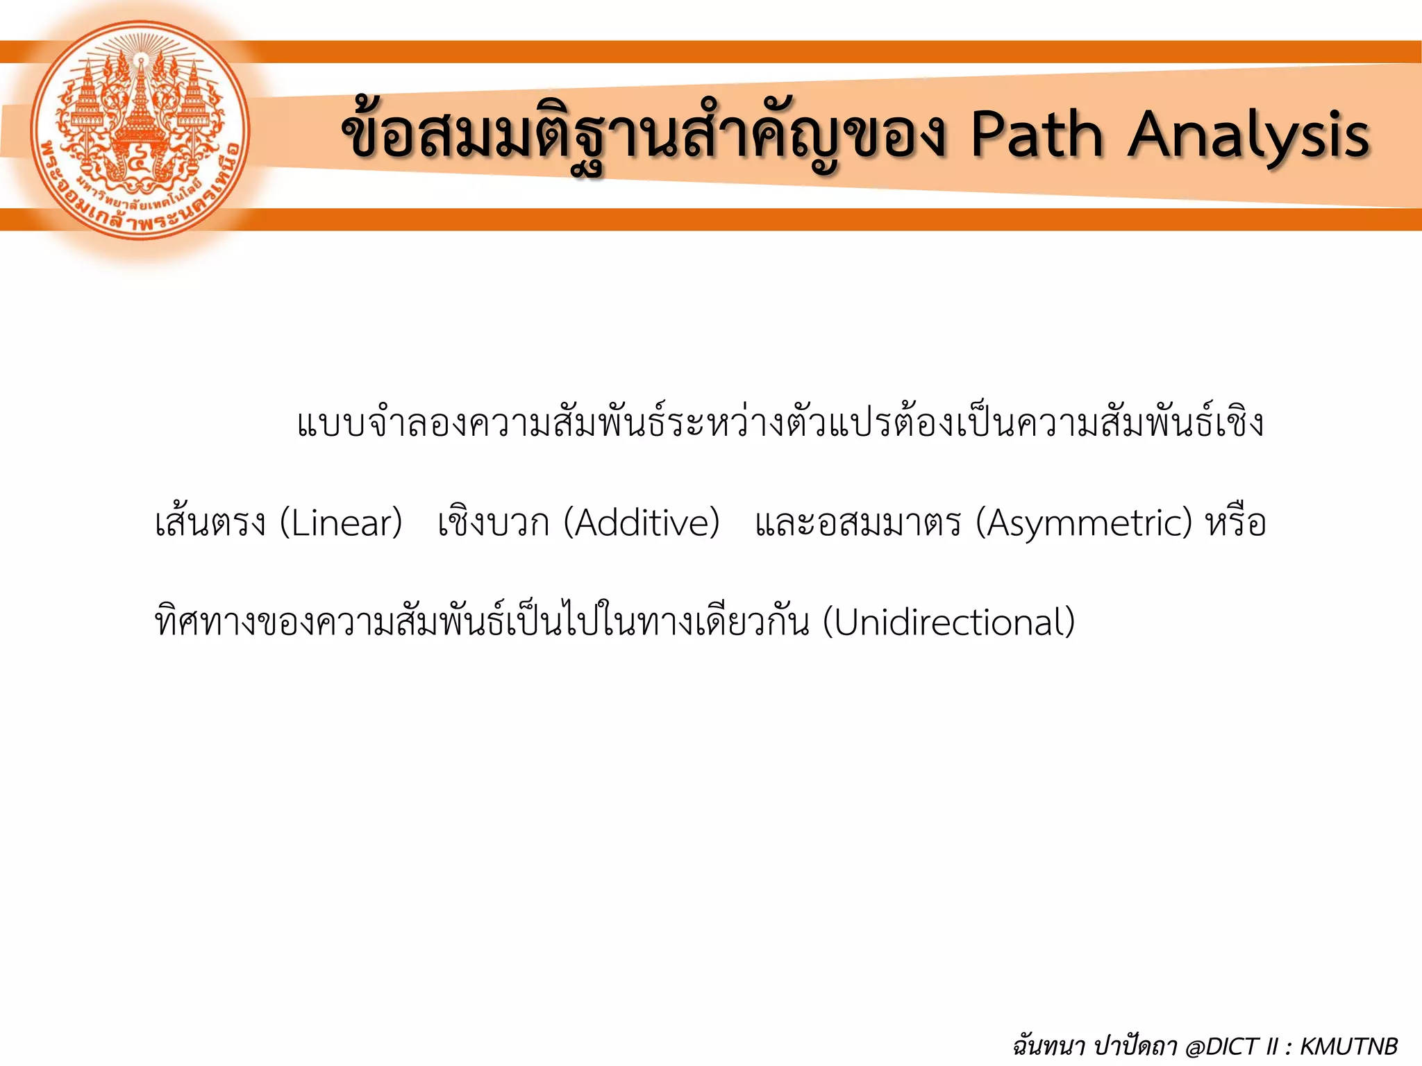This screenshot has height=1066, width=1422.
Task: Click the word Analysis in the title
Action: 1248,135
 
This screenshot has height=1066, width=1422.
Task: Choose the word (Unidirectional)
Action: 948,623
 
